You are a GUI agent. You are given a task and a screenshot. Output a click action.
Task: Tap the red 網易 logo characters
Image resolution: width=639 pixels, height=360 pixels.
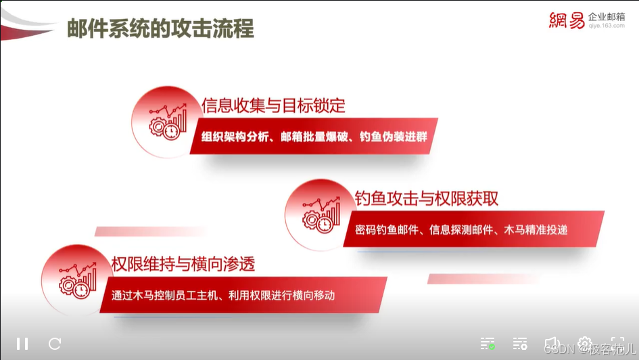(567, 21)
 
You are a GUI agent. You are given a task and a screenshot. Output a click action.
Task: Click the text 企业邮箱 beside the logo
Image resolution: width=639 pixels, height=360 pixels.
(607, 16)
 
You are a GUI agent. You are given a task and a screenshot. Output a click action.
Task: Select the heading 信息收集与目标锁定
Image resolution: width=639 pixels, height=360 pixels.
(273, 106)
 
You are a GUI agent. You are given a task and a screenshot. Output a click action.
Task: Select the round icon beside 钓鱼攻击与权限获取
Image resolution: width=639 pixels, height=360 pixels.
(316, 212)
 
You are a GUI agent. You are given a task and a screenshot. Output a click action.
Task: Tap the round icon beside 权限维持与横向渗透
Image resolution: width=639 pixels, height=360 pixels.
(74, 277)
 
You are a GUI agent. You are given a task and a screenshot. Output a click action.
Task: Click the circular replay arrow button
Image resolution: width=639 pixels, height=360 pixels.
(55, 343)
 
